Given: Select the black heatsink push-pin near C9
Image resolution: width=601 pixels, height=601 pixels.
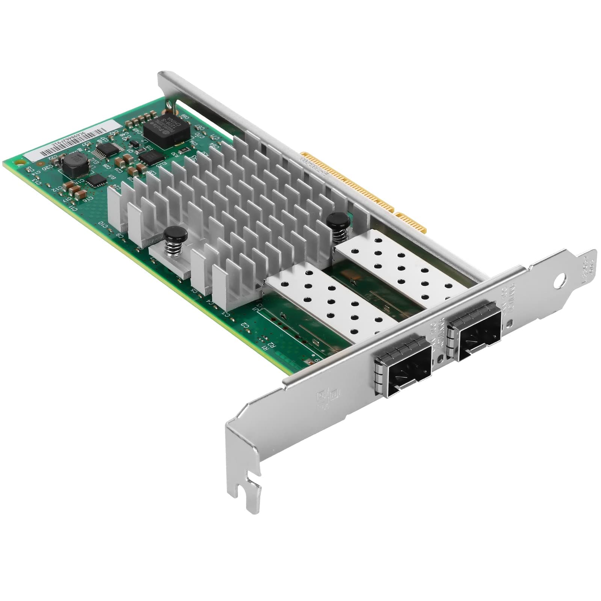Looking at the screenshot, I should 175,236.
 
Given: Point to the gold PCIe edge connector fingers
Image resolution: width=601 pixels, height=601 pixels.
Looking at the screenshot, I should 361,188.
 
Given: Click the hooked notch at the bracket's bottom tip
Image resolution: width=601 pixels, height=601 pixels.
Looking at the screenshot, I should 248,488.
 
